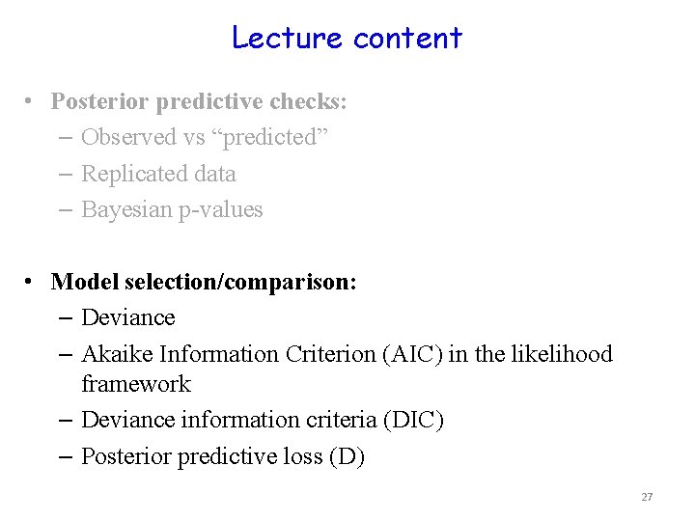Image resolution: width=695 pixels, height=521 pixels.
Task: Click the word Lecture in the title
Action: (x=288, y=38)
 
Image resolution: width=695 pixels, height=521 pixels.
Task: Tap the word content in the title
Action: (x=407, y=39)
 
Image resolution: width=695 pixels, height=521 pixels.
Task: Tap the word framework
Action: (x=136, y=384)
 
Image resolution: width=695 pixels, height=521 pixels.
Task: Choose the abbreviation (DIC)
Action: (x=414, y=420)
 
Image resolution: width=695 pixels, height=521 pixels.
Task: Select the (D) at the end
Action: (x=347, y=456)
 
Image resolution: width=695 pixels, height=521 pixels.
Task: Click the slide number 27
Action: (x=647, y=497)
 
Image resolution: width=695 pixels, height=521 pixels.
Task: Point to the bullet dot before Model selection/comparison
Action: (x=33, y=281)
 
